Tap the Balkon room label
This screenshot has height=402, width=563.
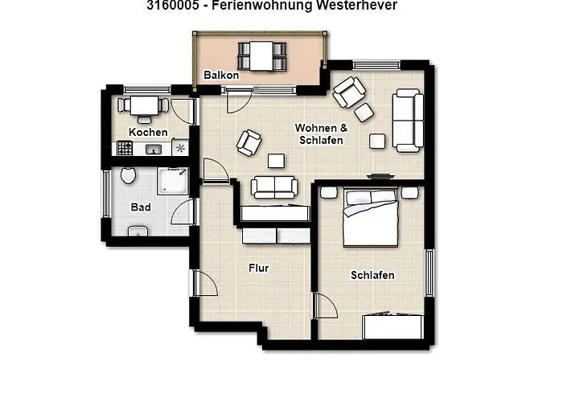coord(220,76)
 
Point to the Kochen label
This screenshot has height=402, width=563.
coord(148,132)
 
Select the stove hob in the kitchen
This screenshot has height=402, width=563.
coord(125,148)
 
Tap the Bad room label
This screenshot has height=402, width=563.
coord(141,207)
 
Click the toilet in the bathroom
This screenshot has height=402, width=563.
coord(127,177)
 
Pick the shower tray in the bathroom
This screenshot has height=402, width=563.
coord(174,180)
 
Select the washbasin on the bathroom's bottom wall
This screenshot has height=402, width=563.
coord(138,232)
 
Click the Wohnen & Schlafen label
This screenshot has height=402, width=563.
coord(321,134)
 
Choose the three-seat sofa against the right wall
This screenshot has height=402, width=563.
coord(407,121)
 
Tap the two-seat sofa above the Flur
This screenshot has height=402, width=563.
coord(274,187)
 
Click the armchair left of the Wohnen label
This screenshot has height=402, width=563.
coord(249,142)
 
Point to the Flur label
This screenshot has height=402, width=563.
coord(258,269)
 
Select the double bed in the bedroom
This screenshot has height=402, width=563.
coord(371,218)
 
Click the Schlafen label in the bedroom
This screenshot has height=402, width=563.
coord(372,276)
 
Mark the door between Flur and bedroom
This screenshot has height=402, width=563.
coord(322,306)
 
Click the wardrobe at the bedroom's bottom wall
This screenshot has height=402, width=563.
coord(393,326)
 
